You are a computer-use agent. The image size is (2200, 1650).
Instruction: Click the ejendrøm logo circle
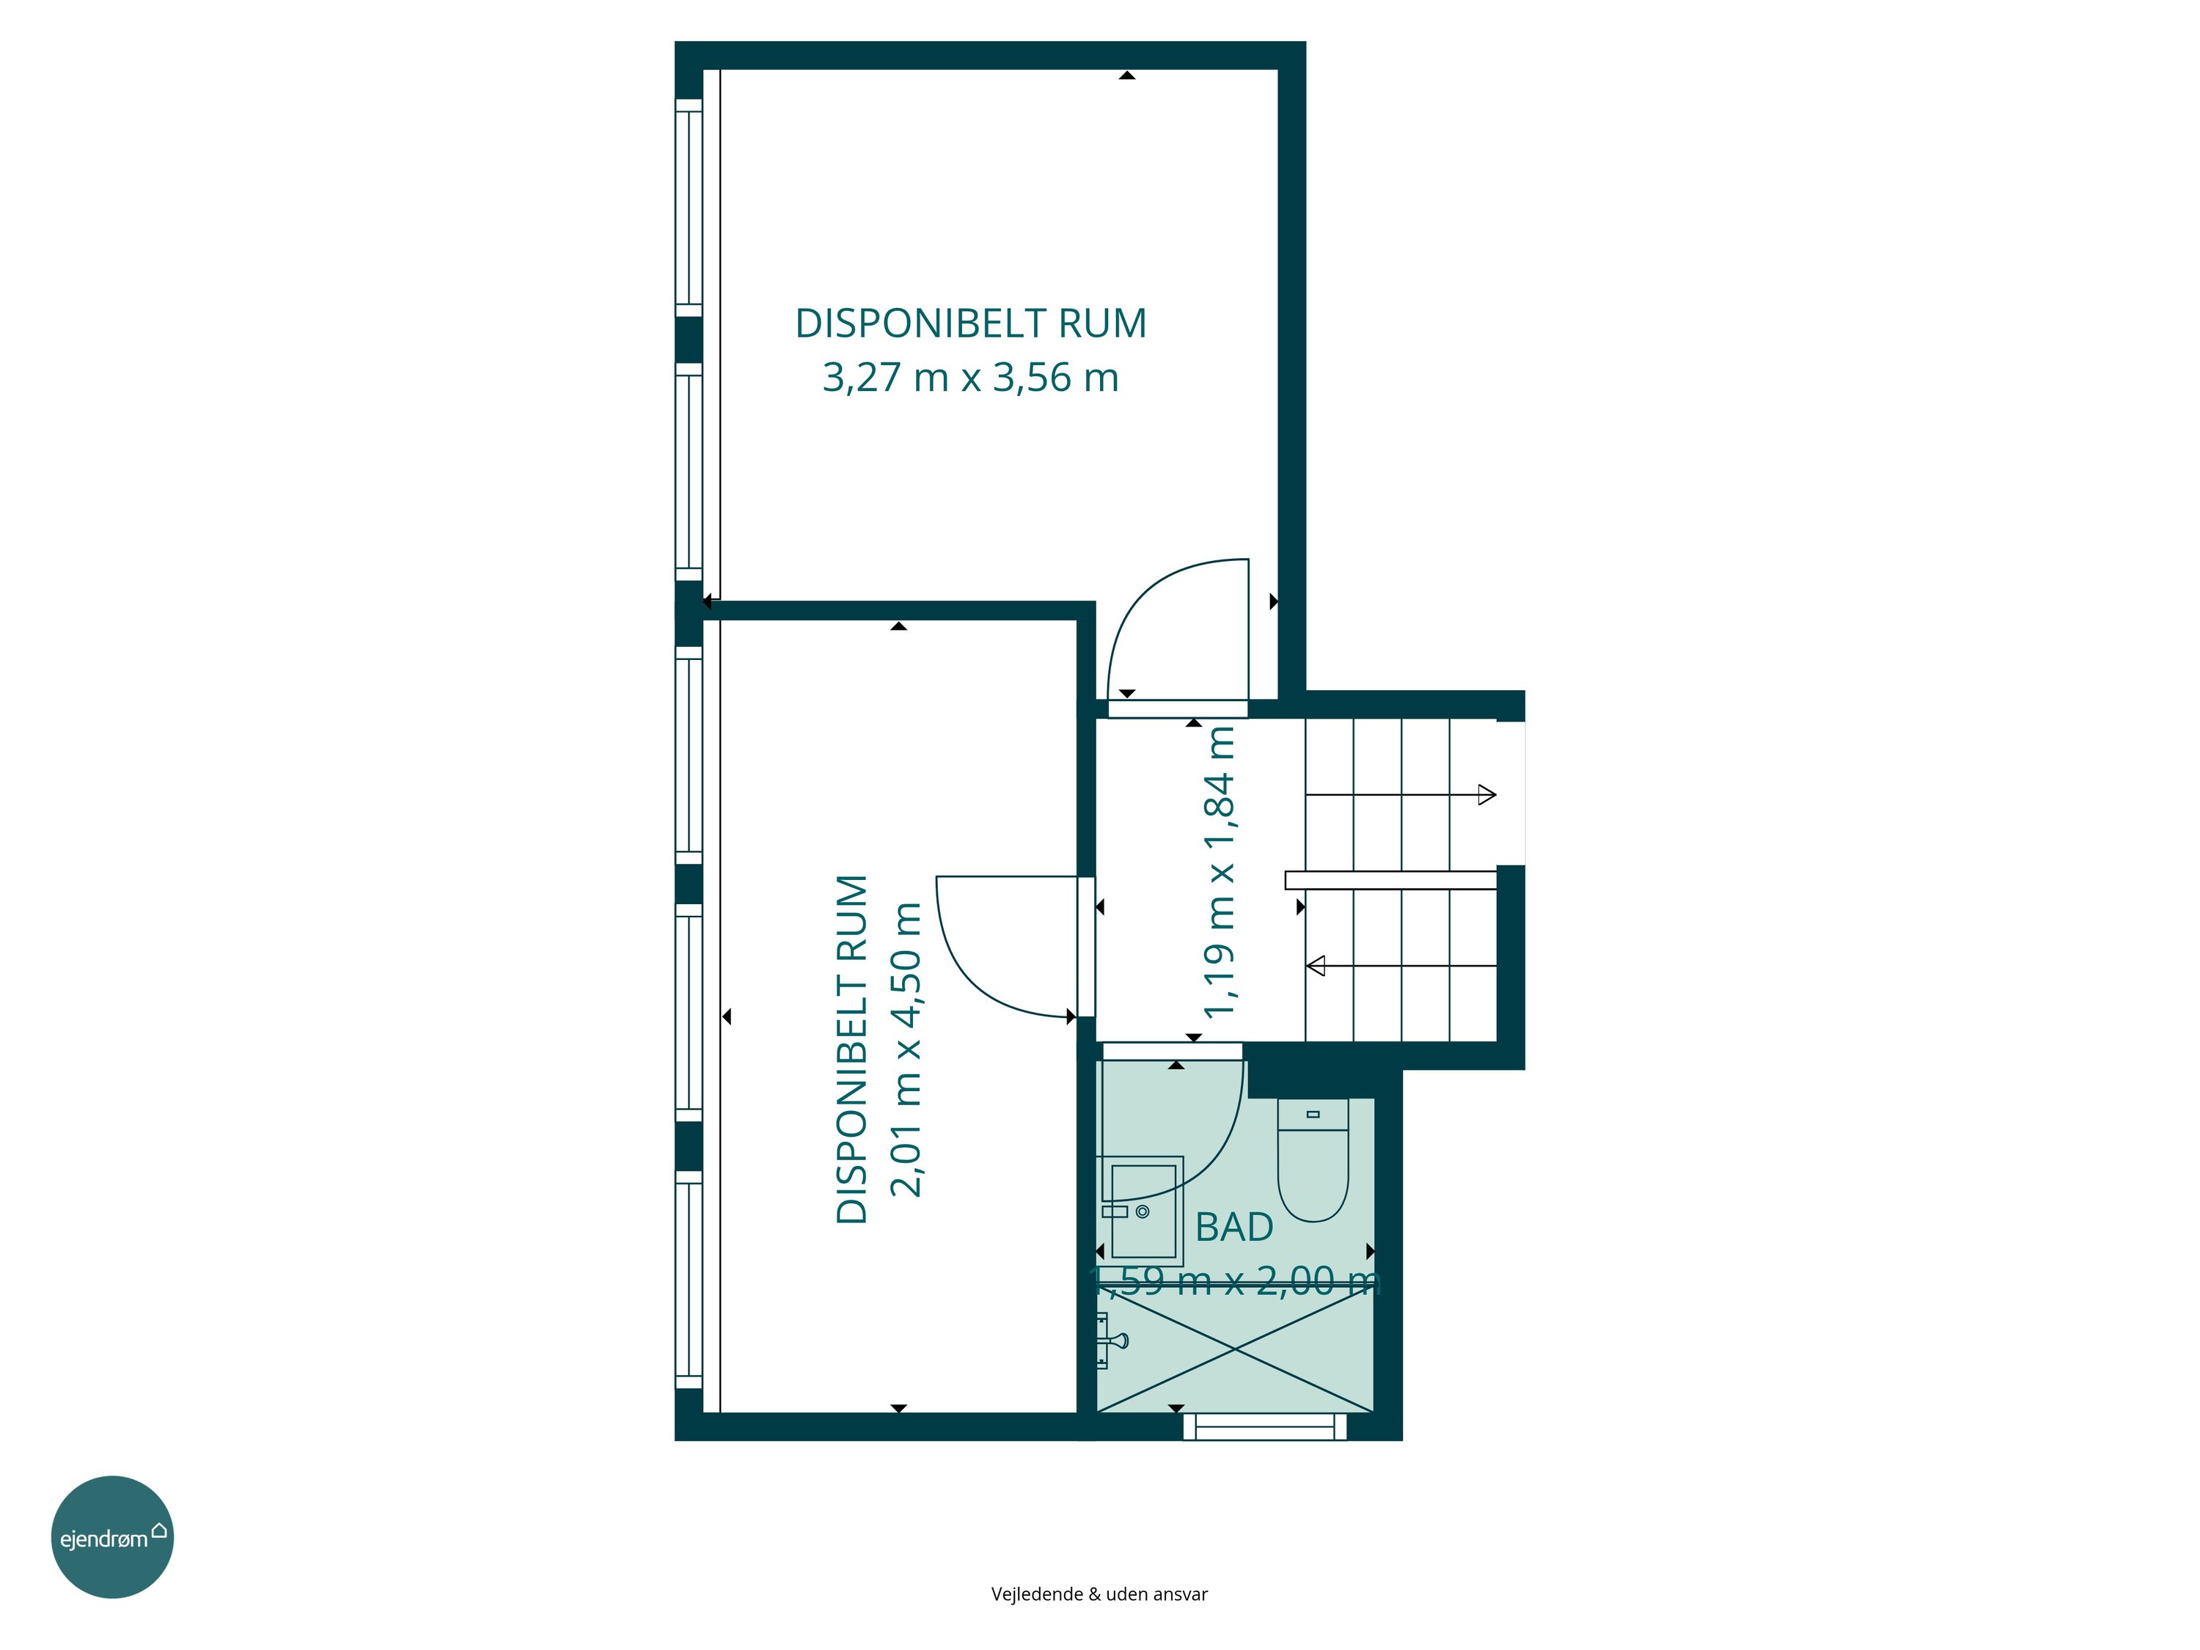(x=112, y=1536)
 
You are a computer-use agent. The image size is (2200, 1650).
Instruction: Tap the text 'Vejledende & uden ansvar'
(x=1099, y=1594)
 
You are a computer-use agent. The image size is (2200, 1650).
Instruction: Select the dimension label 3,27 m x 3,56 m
(x=971, y=378)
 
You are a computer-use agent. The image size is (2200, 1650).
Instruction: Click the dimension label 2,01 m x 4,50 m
(x=907, y=1049)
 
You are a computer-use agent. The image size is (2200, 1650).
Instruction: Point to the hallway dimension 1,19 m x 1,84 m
(x=1220, y=871)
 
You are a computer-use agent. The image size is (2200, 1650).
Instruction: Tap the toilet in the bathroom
(x=1313, y=1159)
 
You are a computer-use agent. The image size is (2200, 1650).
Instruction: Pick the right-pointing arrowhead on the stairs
(x=1487, y=795)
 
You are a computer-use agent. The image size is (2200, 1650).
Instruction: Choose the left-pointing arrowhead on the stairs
(x=1315, y=966)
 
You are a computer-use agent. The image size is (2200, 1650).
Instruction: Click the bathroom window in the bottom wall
(x=1265, y=1427)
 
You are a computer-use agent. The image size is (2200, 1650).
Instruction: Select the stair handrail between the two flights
(x=1390, y=880)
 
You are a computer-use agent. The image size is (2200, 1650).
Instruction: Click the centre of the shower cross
(x=1234, y=1349)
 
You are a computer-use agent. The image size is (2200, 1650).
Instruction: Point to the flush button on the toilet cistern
(x=1313, y=1114)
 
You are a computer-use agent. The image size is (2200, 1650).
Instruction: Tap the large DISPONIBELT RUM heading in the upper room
(x=971, y=323)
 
